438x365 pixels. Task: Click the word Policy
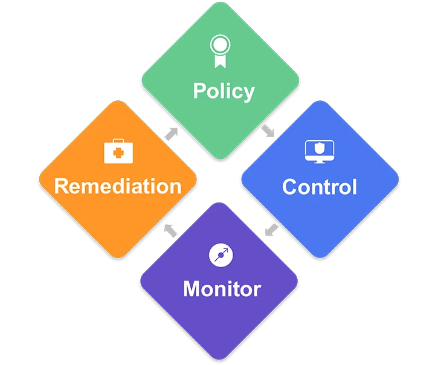coord(224,91)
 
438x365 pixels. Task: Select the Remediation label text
coord(118,186)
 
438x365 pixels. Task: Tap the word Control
coord(320,187)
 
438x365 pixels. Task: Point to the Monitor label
coord(222,288)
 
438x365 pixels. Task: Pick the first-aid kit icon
coord(118,151)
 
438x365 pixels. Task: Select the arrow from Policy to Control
coord(268,131)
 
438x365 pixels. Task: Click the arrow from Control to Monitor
coord(271,230)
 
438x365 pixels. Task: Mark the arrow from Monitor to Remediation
coord(172,230)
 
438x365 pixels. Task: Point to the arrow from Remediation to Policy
coord(172,132)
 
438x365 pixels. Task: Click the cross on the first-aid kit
coord(118,153)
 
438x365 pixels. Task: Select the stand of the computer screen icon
coord(318,161)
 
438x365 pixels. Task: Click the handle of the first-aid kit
coord(118,142)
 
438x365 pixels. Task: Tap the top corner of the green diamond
coord(220,5)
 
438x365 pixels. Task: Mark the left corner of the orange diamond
coord(40,180)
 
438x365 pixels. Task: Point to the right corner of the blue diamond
coord(398,180)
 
